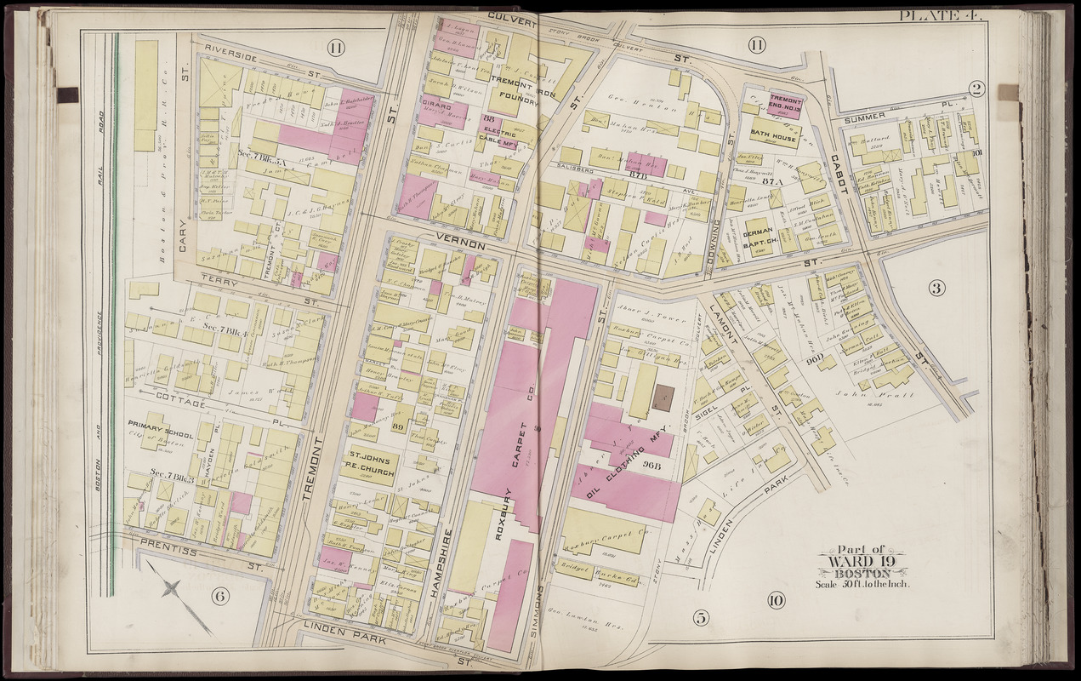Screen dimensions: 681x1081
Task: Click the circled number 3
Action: click(936, 288)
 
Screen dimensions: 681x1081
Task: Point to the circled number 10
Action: click(775, 601)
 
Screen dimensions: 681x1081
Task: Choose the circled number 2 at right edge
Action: click(976, 88)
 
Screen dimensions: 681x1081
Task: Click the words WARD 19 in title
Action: click(862, 560)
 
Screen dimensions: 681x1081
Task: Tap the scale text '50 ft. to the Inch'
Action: click(862, 583)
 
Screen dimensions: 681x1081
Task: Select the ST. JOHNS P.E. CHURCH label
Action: click(369, 459)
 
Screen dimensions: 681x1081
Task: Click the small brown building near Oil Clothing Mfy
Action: click(663, 398)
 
